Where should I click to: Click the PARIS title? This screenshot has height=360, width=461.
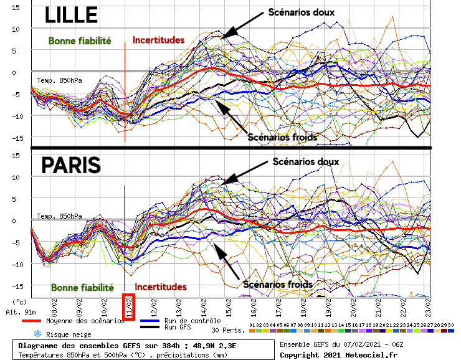click(x=70, y=166)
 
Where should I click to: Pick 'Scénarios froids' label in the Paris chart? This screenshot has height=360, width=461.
click(x=277, y=284)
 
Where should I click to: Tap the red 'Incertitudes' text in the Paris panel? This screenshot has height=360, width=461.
click(x=161, y=287)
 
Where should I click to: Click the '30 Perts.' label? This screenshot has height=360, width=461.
click(x=225, y=329)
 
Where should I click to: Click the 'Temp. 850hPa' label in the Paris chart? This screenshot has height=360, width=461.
click(x=59, y=216)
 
